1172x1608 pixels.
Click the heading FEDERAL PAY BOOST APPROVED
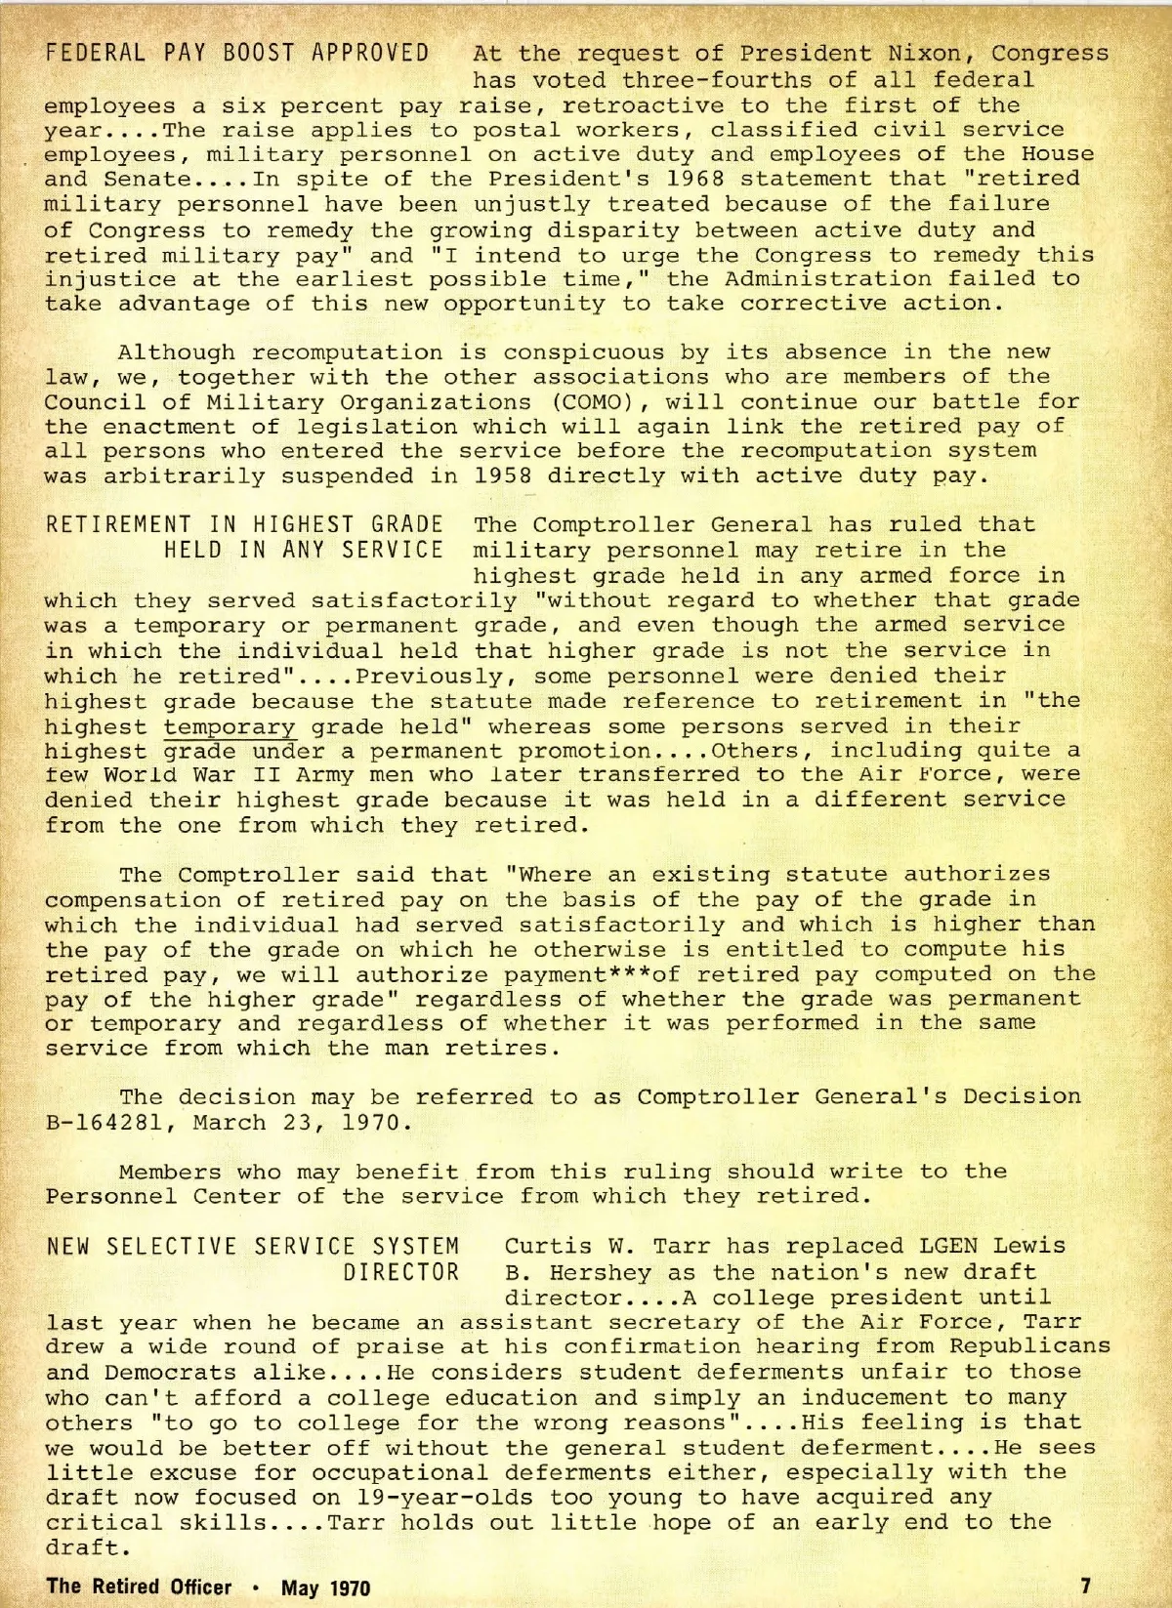tap(237, 53)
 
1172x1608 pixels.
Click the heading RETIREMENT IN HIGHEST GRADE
tap(244, 525)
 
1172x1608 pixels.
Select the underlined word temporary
tap(230, 726)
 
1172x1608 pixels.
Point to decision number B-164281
tap(105, 1123)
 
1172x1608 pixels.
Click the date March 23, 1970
tap(296, 1123)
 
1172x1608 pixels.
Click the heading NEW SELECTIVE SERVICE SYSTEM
tap(253, 1248)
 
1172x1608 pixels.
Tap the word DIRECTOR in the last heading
tap(400, 1273)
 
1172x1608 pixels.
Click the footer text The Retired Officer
tap(139, 1587)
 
